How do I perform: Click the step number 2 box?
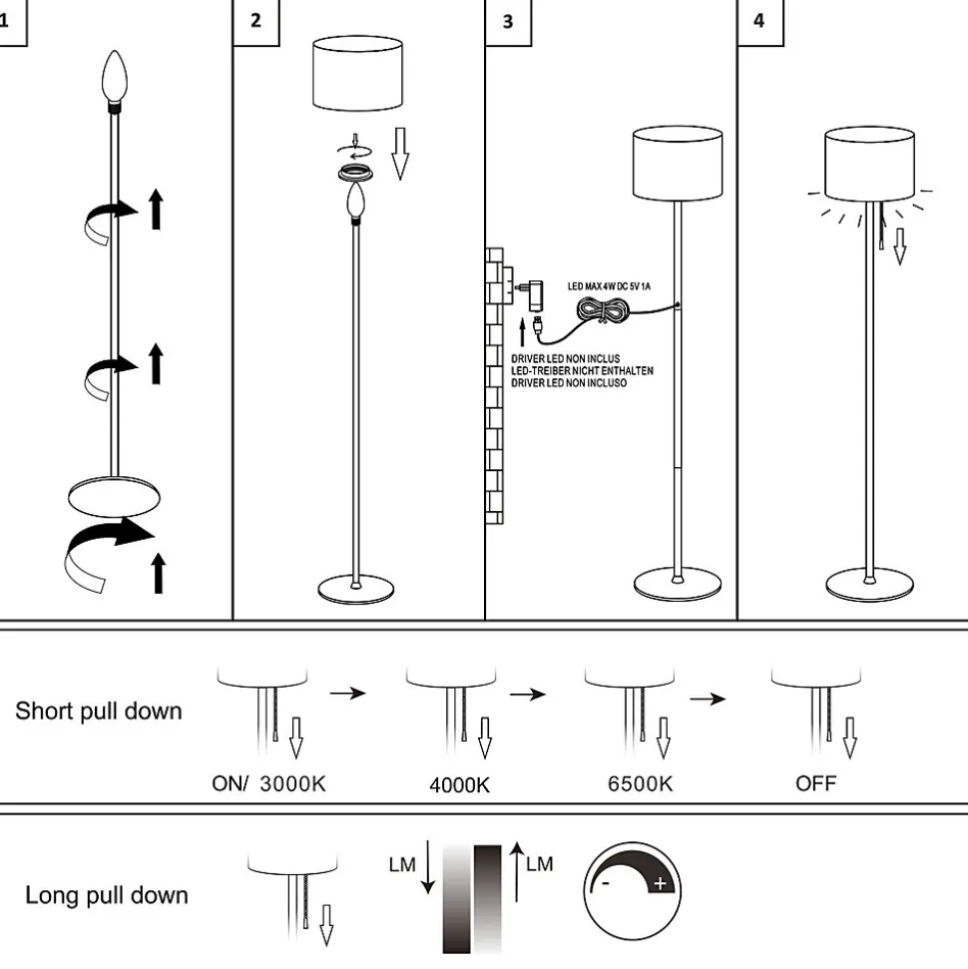(x=255, y=21)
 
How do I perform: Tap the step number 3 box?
(x=508, y=21)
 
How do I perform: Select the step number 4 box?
(x=759, y=21)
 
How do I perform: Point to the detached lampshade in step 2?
(x=358, y=74)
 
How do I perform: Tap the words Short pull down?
(x=99, y=712)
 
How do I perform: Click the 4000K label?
(x=459, y=785)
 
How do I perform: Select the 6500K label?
(x=640, y=784)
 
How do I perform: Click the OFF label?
(x=815, y=783)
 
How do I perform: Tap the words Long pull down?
(x=107, y=895)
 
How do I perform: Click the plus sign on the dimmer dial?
(x=660, y=883)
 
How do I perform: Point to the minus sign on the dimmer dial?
(x=606, y=884)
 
